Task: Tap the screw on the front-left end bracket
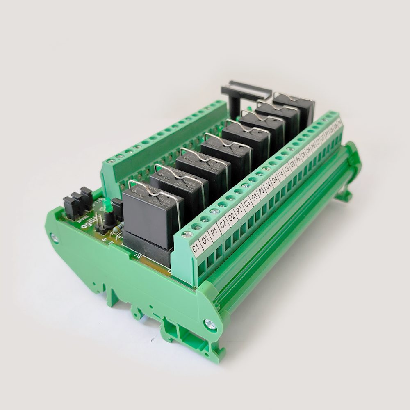click(x=54, y=237)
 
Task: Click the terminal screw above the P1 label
click(x=205, y=219)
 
